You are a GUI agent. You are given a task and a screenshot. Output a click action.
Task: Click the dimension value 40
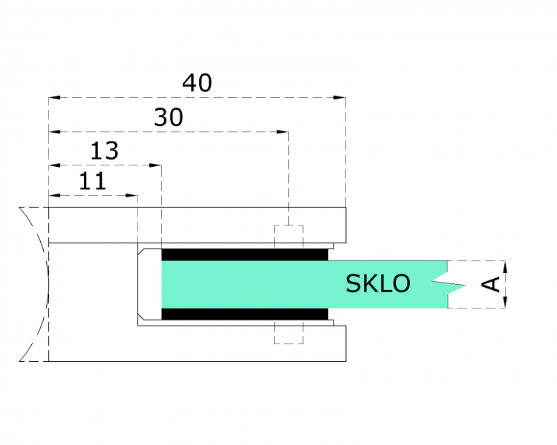(197, 83)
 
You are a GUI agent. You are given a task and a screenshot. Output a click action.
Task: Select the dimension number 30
(169, 117)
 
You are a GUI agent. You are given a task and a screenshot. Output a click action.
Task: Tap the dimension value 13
(105, 151)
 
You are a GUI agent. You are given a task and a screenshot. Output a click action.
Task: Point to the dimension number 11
(92, 181)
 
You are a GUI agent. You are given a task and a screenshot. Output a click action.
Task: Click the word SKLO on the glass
(377, 283)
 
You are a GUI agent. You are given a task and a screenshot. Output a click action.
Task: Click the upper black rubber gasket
(245, 255)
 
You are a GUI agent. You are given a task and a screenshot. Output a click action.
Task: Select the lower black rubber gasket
(245, 314)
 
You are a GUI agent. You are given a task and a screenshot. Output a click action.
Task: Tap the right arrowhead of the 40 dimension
(339, 97)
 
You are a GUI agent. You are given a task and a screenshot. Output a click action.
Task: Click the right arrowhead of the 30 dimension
(282, 132)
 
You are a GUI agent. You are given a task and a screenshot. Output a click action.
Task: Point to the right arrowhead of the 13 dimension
(156, 165)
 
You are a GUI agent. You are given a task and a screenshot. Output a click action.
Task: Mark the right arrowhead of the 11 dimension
(131, 196)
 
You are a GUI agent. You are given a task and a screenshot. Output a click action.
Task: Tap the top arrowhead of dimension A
(506, 267)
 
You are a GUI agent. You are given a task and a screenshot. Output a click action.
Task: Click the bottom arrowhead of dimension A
(506, 302)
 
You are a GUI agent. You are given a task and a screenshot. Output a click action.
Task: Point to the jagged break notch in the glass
(449, 284)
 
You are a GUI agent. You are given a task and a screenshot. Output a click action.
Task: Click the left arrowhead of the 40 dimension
(55, 97)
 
